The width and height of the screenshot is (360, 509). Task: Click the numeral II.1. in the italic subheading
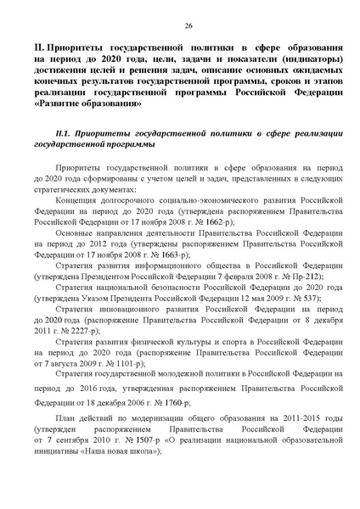[x=65, y=134]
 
